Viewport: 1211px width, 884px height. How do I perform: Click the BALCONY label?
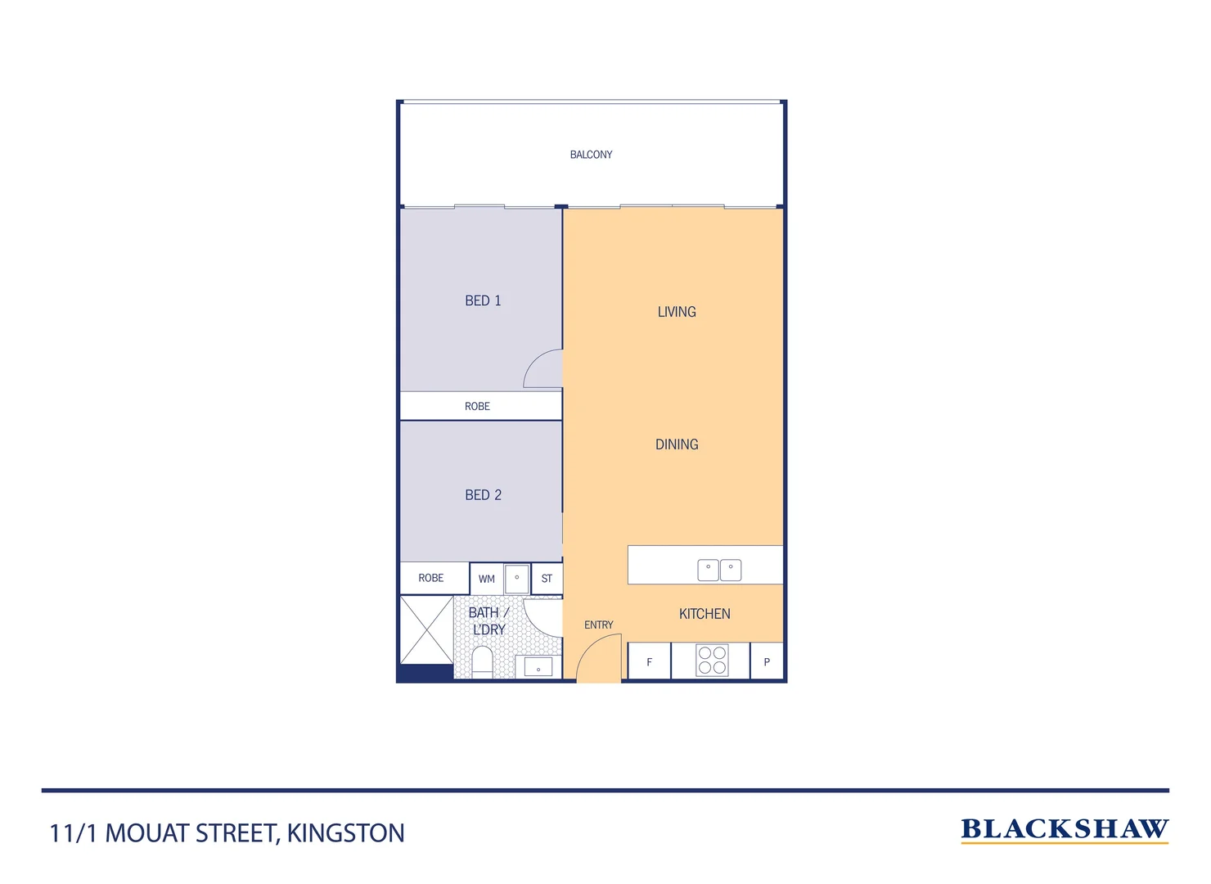point(591,155)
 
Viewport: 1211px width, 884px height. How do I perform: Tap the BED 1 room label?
point(483,300)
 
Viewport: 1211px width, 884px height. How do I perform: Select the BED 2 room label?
point(483,495)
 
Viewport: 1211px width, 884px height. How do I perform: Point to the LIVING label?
point(677,312)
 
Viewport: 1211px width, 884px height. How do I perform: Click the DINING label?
point(677,444)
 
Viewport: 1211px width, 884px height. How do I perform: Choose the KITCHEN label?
point(705,614)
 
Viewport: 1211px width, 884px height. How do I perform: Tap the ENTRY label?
point(598,625)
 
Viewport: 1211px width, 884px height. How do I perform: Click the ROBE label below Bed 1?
point(477,406)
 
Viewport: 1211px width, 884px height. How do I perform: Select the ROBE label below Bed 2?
point(431,578)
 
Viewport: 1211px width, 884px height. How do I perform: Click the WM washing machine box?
point(487,579)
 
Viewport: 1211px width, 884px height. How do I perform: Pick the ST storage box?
point(547,579)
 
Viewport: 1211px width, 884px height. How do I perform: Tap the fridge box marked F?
point(649,661)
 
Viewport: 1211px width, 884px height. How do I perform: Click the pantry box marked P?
point(767,661)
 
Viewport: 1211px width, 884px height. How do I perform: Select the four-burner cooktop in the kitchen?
point(712,661)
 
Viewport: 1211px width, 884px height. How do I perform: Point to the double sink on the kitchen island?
point(719,570)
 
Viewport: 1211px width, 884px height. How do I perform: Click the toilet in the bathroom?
point(483,661)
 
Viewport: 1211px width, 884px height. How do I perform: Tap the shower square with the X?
point(426,629)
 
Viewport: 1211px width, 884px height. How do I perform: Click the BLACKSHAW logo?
point(1064,829)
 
